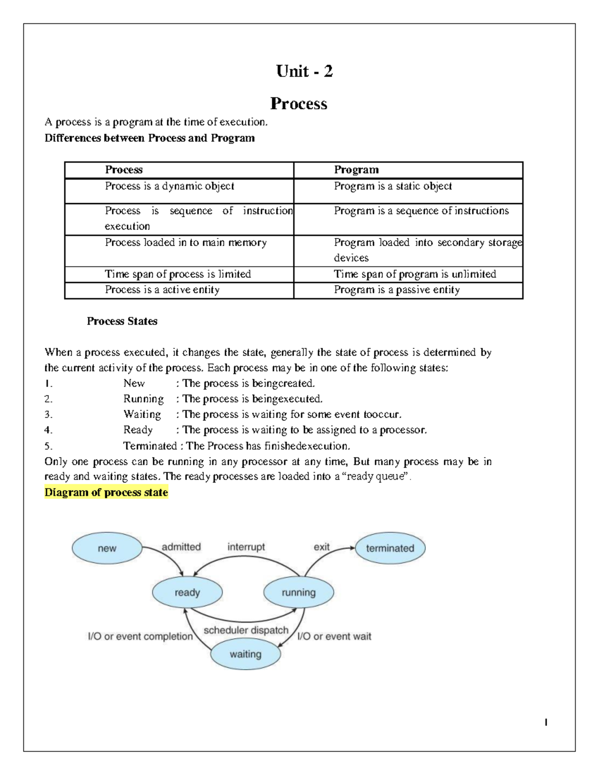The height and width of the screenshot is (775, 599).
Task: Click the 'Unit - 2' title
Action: point(304,71)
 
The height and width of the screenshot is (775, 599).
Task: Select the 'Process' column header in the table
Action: point(124,170)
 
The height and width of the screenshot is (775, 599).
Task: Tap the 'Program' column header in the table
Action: point(356,170)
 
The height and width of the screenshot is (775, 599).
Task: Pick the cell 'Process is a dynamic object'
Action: point(169,186)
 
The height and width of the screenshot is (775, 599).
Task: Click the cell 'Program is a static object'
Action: point(393,186)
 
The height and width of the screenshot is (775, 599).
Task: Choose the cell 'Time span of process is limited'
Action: point(178,274)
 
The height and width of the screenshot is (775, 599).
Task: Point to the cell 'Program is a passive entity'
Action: point(397,290)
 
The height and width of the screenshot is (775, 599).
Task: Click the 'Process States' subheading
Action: point(122,321)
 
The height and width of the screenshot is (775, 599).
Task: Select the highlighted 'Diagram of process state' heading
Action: point(106,493)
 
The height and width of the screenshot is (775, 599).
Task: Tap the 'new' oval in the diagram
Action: point(107,548)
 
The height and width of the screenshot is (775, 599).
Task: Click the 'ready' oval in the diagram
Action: point(187,593)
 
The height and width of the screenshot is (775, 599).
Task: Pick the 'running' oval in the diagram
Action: point(299,593)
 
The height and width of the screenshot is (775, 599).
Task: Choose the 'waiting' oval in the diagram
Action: point(245,654)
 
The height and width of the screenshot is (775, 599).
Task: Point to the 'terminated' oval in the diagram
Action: point(390,548)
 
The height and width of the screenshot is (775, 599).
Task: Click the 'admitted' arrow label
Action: point(181,547)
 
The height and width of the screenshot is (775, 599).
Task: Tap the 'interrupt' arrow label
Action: point(246,547)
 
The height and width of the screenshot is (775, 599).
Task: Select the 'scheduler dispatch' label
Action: point(246,630)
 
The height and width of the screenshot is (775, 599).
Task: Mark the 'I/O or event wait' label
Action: point(334,636)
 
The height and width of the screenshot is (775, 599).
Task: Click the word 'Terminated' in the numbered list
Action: point(150,446)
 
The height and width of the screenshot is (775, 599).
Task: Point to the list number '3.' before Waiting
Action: point(48,415)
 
